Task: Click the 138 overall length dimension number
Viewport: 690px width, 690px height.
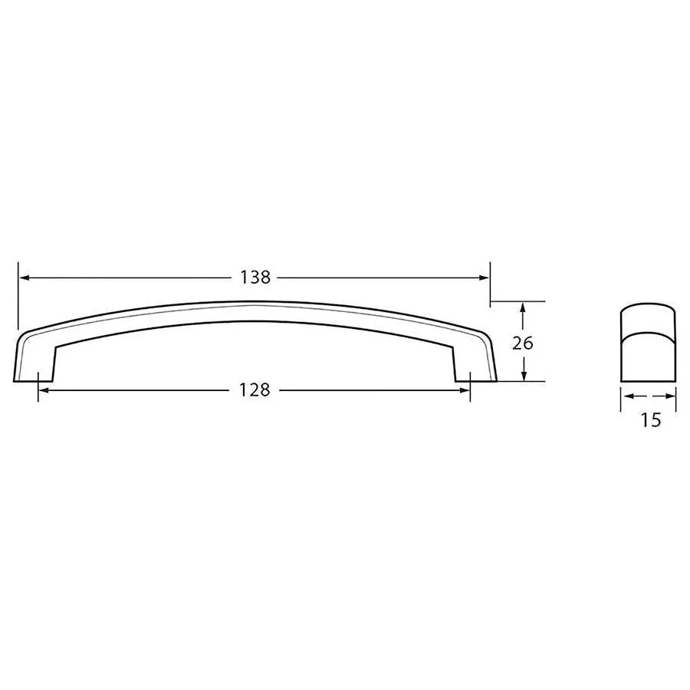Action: coord(255,278)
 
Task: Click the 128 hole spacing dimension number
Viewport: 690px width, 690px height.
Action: coord(255,390)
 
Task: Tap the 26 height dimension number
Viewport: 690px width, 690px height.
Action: coord(522,343)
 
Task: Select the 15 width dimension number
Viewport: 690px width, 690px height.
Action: coord(649,420)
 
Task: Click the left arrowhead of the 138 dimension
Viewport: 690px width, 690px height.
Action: coord(24,278)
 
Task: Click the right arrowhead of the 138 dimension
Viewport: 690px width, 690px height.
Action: coord(484,278)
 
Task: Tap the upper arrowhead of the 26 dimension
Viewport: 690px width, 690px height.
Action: coord(522,307)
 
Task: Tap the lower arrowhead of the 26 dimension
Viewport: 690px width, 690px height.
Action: coord(522,375)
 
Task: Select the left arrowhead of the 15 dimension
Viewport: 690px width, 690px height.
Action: coord(626,396)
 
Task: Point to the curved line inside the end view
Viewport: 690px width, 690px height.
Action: coord(649,333)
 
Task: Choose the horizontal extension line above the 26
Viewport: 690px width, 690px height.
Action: coord(518,301)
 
